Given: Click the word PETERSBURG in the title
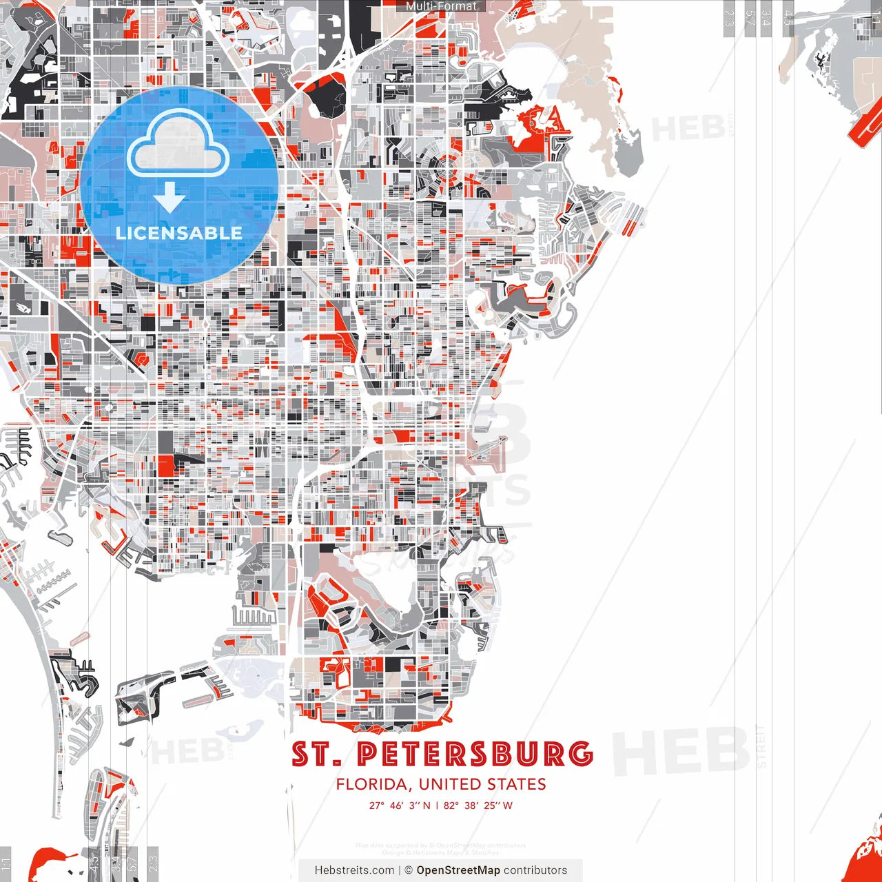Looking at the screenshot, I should (x=475, y=755).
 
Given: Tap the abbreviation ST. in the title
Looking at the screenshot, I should (x=316, y=755).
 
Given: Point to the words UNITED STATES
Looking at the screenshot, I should (x=482, y=784).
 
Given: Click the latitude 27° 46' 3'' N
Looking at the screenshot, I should (x=400, y=806).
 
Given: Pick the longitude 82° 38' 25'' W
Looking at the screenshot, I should (x=478, y=806).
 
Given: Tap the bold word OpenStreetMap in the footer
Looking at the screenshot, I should (x=458, y=870).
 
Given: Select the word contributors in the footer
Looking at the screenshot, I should (x=535, y=870).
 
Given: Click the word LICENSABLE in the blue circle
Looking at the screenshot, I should (x=179, y=233).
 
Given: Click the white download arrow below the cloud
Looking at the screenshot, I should (x=170, y=198).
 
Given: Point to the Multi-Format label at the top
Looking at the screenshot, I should (x=441, y=6).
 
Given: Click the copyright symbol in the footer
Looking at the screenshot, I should (x=408, y=870).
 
